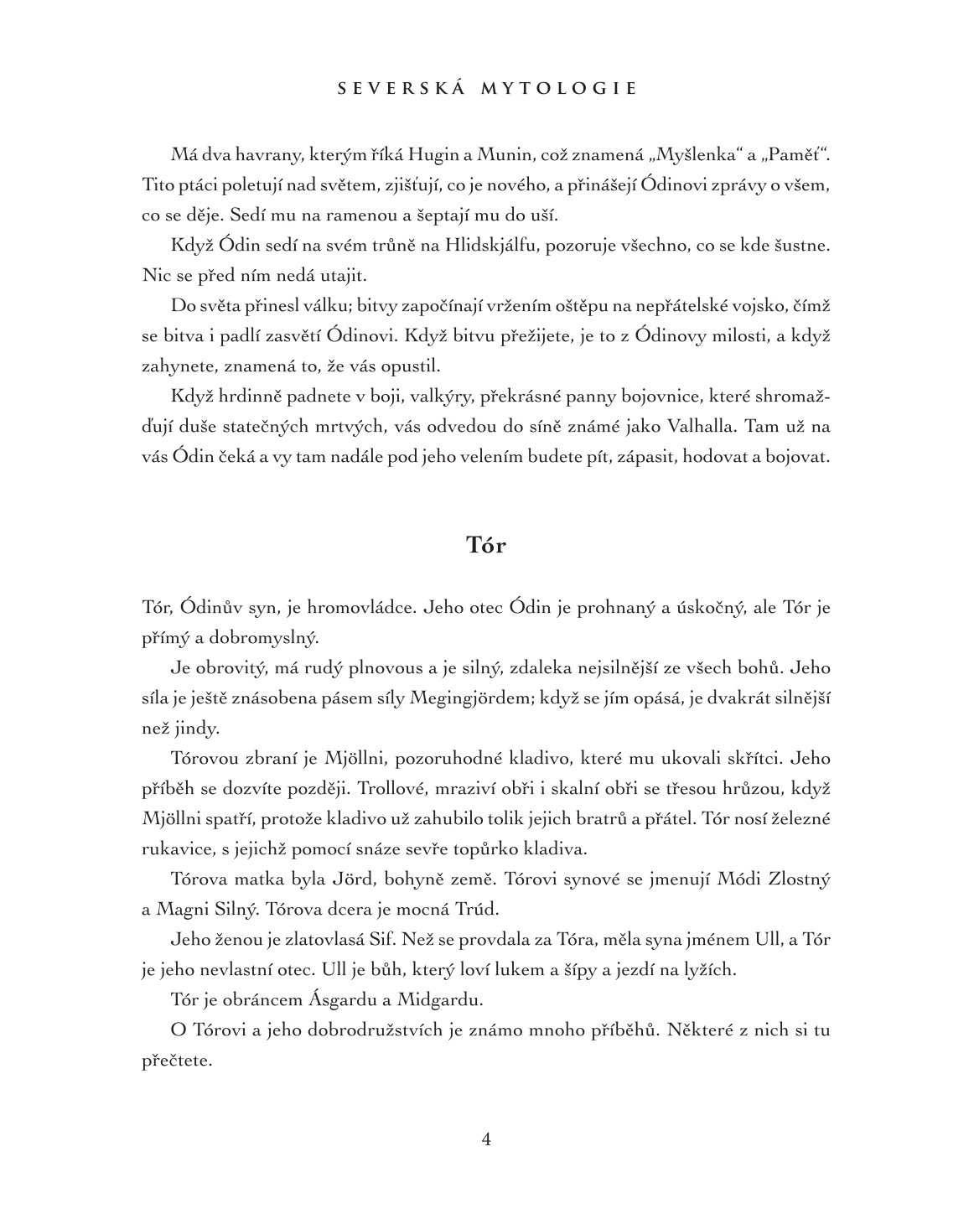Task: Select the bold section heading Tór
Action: pos(486,545)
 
